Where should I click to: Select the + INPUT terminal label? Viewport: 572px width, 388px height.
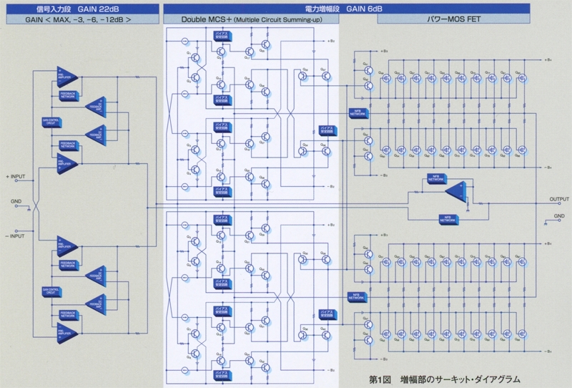18,175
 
